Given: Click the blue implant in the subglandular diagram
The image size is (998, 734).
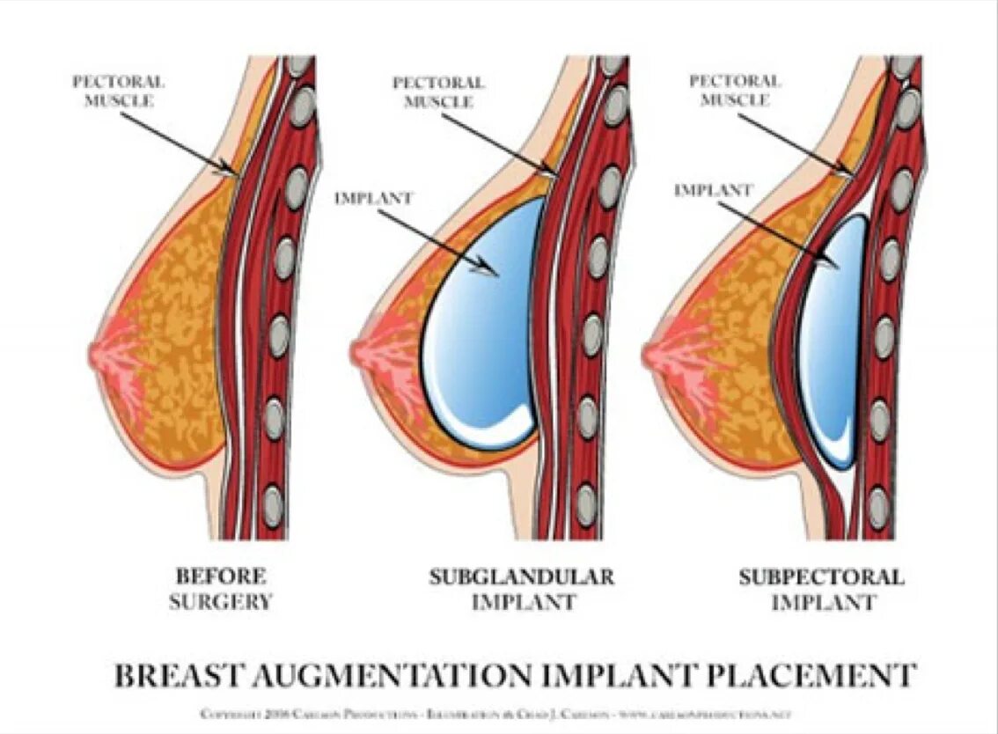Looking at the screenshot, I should click(x=484, y=326).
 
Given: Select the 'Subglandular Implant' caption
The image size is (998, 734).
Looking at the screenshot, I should click(x=521, y=590).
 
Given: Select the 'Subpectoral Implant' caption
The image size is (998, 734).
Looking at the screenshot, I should click(x=820, y=590).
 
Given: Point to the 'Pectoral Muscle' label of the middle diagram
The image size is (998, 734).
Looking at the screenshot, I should click(x=438, y=92).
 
